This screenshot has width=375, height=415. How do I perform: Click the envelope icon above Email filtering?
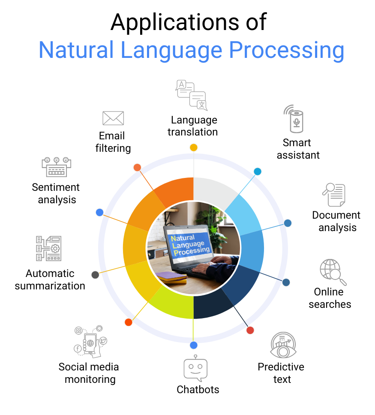tap(113, 118)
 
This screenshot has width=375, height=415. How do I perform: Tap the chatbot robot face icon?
tap(195, 369)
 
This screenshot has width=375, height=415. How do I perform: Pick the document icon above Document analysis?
tap(334, 195)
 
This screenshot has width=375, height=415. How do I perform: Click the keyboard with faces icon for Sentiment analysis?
tap(57, 167)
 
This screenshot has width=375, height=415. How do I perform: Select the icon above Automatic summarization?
tap(48, 248)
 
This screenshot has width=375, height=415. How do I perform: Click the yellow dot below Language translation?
tap(193, 147)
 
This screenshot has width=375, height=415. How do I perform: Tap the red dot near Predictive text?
tap(250, 330)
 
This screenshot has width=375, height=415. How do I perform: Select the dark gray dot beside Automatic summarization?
tap(95, 275)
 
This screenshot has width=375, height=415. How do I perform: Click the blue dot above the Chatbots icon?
tap(193, 345)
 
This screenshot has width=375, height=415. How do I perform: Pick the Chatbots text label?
tap(198, 390)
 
